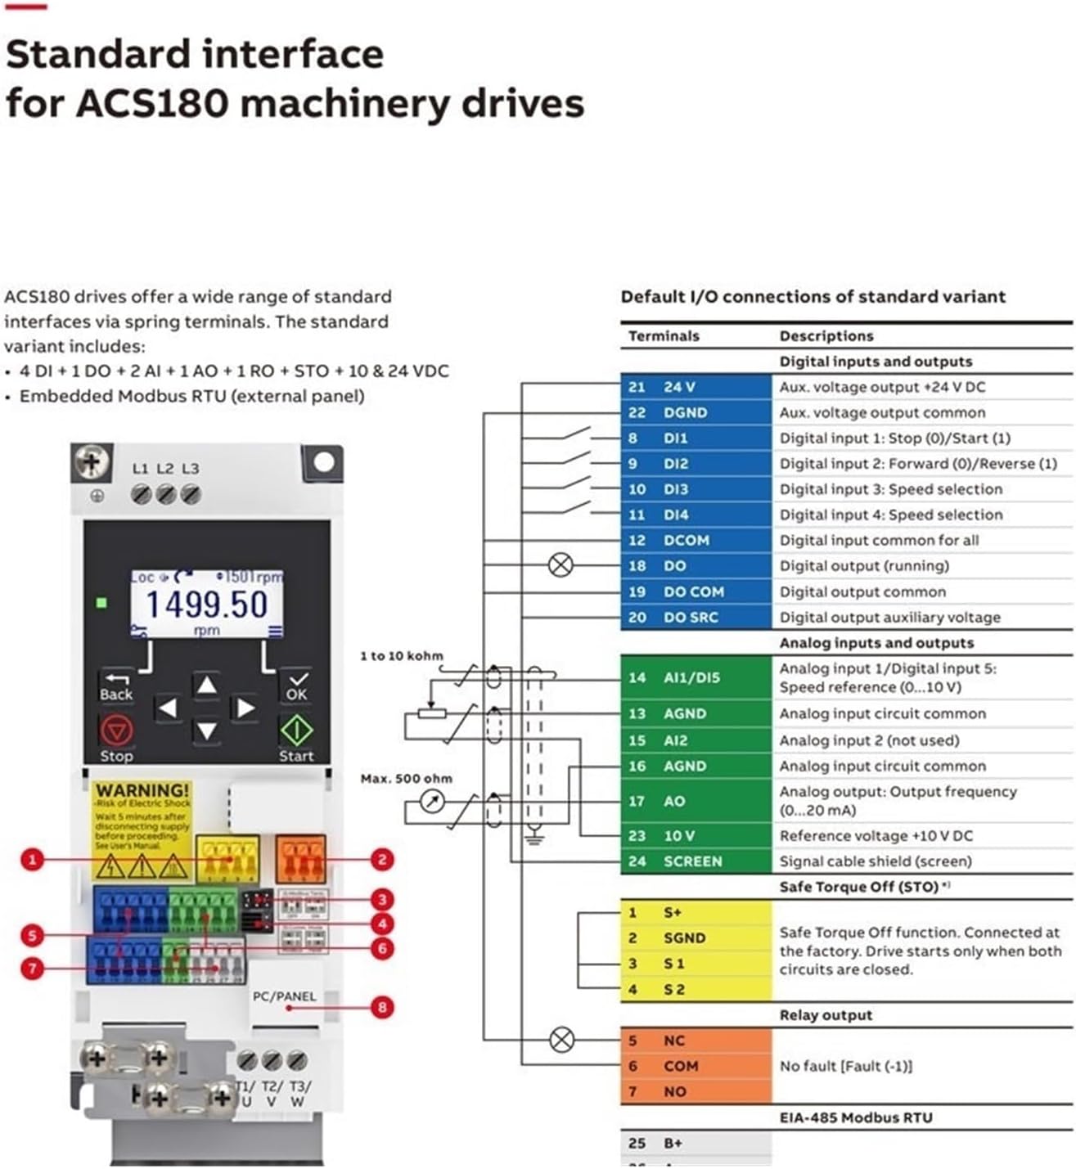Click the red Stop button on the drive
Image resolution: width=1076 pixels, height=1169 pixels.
[116, 731]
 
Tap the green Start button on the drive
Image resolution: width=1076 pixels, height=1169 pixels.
[296, 731]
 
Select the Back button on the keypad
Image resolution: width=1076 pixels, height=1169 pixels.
[116, 686]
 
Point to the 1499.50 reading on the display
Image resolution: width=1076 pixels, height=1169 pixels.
[206, 605]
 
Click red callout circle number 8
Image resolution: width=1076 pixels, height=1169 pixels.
[381, 1007]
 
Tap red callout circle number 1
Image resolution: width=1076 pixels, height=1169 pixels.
[32, 860]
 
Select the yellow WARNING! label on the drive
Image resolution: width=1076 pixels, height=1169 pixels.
[142, 790]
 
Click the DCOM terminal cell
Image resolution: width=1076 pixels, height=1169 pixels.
[696, 540]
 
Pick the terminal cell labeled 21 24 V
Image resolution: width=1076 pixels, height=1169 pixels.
[696, 387]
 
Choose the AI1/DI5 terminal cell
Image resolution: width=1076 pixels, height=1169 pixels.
[696, 677]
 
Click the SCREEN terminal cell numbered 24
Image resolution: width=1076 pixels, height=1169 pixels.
[696, 861]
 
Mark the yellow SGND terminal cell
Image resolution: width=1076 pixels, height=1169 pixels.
[696, 937]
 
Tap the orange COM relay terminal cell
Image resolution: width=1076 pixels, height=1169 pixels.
[696, 1066]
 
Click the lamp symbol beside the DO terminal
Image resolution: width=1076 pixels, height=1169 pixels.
[561, 565]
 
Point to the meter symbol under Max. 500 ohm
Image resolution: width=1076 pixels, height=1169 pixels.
[433, 802]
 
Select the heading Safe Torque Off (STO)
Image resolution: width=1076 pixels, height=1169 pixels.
[859, 887]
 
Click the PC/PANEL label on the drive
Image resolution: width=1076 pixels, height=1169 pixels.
[284, 996]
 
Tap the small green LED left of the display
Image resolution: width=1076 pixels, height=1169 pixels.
[101, 603]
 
